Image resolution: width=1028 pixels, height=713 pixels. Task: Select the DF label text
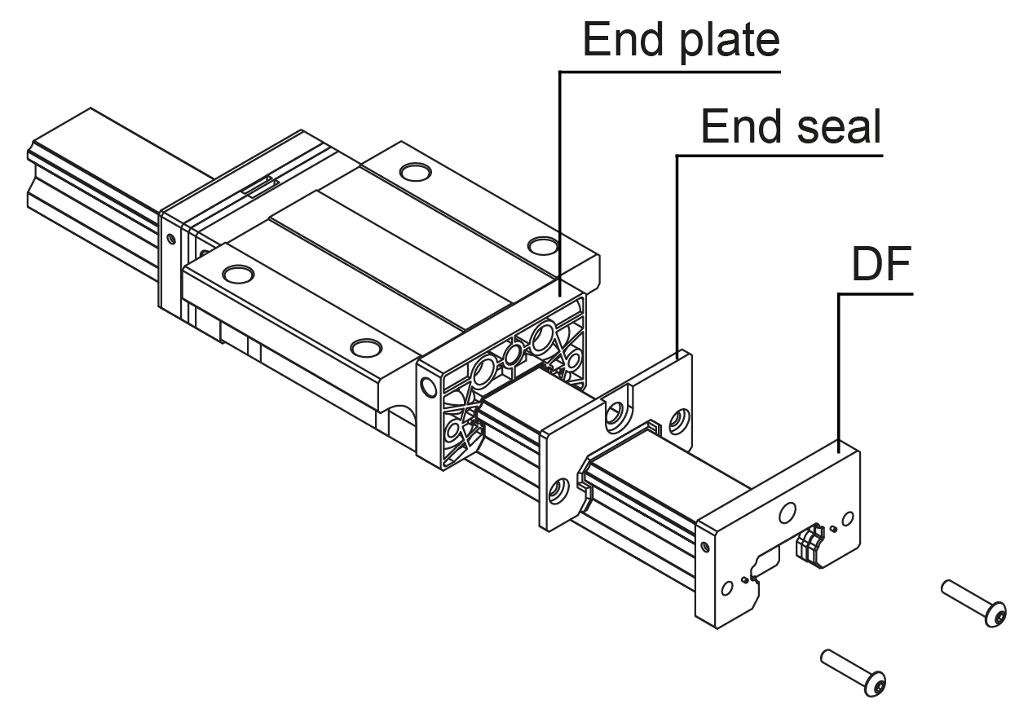pos(880,266)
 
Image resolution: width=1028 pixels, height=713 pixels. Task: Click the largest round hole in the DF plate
pos(787,513)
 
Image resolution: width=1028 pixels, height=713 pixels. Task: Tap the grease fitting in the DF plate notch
pos(811,544)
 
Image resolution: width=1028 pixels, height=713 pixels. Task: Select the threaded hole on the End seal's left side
pos(558,491)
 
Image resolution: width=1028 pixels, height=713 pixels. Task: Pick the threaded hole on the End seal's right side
pos(676,421)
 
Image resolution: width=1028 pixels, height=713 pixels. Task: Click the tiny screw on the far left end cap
pos(170,239)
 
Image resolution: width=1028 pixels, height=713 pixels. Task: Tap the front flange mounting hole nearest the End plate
pos(366,349)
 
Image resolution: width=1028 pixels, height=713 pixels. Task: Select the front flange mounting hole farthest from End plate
pos(237,273)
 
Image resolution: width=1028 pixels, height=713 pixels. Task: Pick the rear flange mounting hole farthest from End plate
pos(415,173)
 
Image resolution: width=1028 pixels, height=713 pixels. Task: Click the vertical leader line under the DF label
pos(840,367)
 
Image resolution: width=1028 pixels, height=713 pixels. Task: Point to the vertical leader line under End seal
pos(677,253)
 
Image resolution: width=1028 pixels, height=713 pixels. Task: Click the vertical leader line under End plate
pos(559,179)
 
